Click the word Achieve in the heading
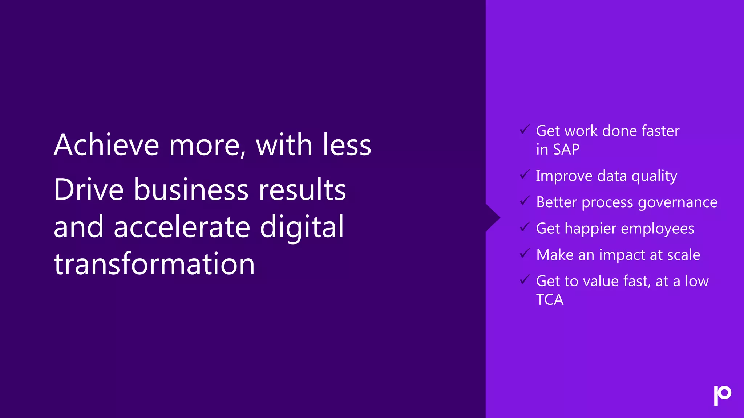pyautogui.click(x=106, y=145)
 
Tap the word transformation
pyautogui.click(x=154, y=264)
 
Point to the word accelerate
pyautogui.click(x=182, y=227)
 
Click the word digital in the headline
pyautogui.click(x=302, y=227)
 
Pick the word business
pyautogui.click(x=191, y=189)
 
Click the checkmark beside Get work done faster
pyautogui.click(x=525, y=129)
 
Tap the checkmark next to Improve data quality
pyautogui.click(x=525, y=175)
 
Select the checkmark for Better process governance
pyautogui.click(x=525, y=201)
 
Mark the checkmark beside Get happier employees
pyautogui.click(x=525, y=227)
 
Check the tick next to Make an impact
pyautogui.click(x=525, y=253)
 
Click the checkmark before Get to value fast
pyautogui.click(x=525, y=280)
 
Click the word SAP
pyautogui.click(x=566, y=149)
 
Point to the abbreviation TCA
pyautogui.click(x=550, y=300)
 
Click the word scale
pyautogui.click(x=683, y=255)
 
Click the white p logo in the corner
pyautogui.click(x=722, y=395)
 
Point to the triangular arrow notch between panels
pyautogui.click(x=493, y=218)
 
